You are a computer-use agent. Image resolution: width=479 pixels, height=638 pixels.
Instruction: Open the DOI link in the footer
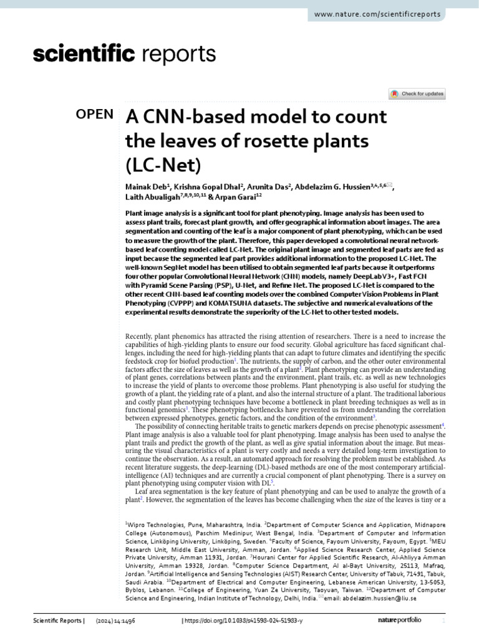(x=244, y=621)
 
